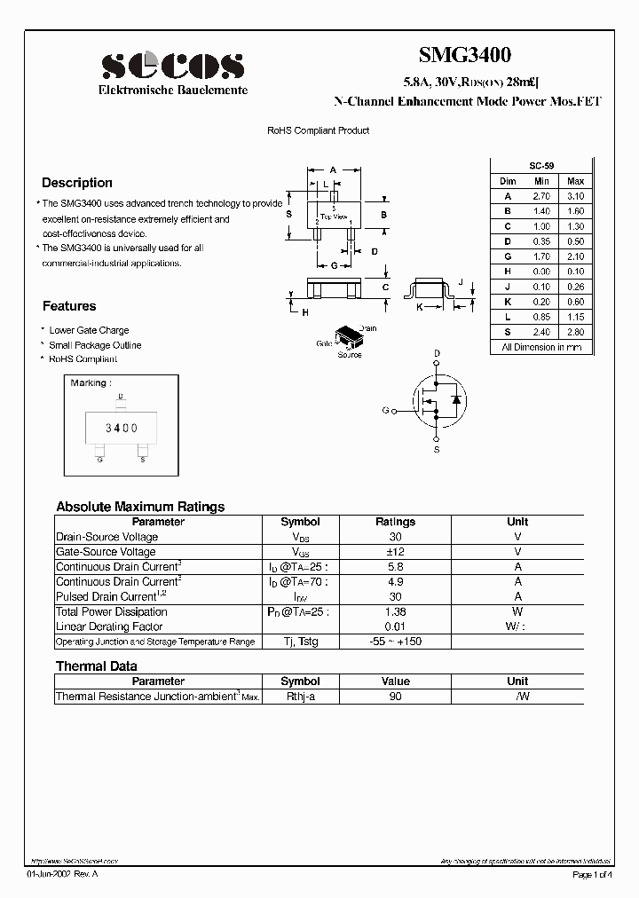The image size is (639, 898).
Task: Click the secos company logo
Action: pos(172,66)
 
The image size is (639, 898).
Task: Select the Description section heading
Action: pos(77,183)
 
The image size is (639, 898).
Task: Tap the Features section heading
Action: pos(69,306)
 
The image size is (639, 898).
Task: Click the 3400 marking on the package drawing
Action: pos(122,428)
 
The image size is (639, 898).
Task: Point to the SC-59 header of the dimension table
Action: pos(540,166)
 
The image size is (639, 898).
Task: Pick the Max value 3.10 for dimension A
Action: pos(575,196)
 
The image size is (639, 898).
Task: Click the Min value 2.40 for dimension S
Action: pos(541,332)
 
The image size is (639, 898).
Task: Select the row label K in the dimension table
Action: pos(508,302)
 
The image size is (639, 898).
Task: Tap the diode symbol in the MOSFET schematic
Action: pos(455,400)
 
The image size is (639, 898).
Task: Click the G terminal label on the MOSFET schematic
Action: pos(385,411)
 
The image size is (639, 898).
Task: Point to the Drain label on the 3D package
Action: pos(367,328)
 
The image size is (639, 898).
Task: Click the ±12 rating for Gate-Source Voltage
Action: pos(395,552)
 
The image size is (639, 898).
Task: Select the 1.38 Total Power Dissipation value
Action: pos(395,612)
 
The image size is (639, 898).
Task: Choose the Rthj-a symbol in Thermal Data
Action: pos(300,697)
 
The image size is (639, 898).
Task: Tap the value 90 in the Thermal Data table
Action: pos(395,697)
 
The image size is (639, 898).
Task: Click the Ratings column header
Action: pos(395,522)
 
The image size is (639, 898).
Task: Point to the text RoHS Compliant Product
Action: pos(319,130)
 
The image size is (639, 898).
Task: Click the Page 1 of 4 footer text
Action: pos(593,875)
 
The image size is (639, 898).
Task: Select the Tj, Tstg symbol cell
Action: pos(300,642)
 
